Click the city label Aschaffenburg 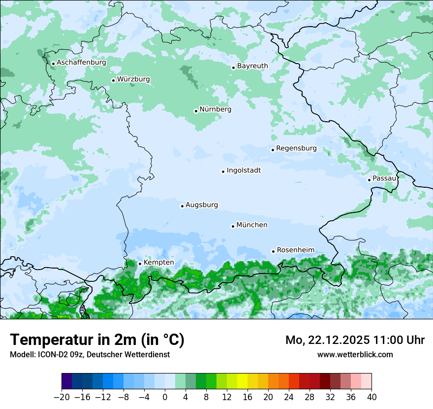click(81, 63)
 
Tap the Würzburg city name click(133, 79)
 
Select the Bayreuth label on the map click(252, 66)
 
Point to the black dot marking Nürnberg click(196, 111)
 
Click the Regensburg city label click(296, 148)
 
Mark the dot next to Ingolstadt click(223, 171)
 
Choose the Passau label click(384, 178)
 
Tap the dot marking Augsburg click(182, 206)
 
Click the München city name click(252, 225)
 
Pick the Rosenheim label click(295, 250)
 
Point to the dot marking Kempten click(140, 264)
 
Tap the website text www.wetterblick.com click(355, 354)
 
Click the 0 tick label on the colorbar click(165, 397)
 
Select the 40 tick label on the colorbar click(371, 397)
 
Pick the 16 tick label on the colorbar click(247, 397)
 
